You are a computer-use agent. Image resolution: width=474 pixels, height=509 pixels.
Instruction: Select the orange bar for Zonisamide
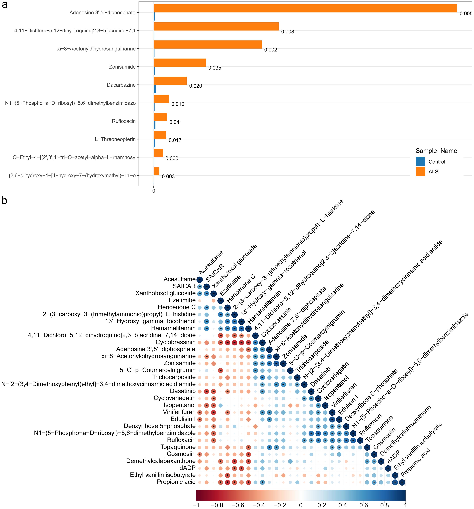[180, 63]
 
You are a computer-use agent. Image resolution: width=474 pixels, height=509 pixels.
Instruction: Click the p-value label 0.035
[215, 68]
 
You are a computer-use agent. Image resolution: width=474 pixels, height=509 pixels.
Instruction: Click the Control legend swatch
[420, 161]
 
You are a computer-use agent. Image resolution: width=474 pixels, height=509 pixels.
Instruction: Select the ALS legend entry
[433, 172]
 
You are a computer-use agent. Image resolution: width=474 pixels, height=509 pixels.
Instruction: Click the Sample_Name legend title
[436, 151]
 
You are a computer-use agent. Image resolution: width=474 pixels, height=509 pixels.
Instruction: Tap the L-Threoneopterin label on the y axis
[115, 139]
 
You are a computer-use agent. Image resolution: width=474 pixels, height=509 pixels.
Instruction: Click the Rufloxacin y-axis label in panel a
[124, 121]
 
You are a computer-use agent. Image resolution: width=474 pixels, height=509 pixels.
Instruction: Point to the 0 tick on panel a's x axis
[153, 191]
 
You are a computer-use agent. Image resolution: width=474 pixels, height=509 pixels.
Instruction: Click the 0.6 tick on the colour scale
[363, 505]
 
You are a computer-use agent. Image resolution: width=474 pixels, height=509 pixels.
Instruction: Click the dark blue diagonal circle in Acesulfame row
[199, 280]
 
